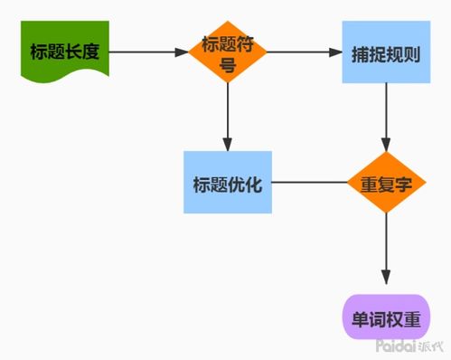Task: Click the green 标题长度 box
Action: [64, 52]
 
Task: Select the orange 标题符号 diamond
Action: [227, 52]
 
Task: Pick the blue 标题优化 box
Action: [227, 182]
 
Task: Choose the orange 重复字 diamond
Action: [386, 182]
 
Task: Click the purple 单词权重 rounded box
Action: [386, 317]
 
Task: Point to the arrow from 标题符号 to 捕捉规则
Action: [303, 52]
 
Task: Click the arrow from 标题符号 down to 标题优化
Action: [227, 118]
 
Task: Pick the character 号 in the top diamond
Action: [227, 62]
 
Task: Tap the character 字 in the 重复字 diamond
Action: [404, 183]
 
